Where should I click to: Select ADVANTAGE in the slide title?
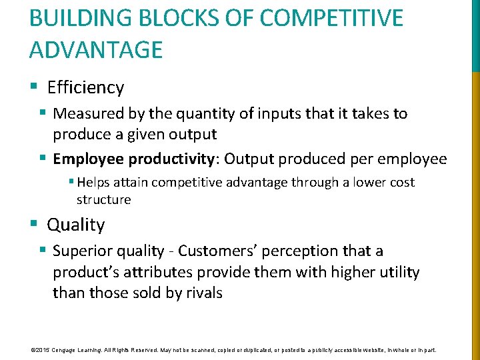pos(96,50)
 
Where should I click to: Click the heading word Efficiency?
pos(85,87)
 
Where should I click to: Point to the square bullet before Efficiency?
pos(34,87)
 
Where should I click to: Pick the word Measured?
pos(86,113)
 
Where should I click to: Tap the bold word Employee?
pos(88,159)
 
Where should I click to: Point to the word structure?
pos(103,199)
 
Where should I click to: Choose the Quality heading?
pos(75,225)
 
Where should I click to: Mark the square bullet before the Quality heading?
pos(34,225)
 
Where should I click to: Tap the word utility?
pos(396,272)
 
